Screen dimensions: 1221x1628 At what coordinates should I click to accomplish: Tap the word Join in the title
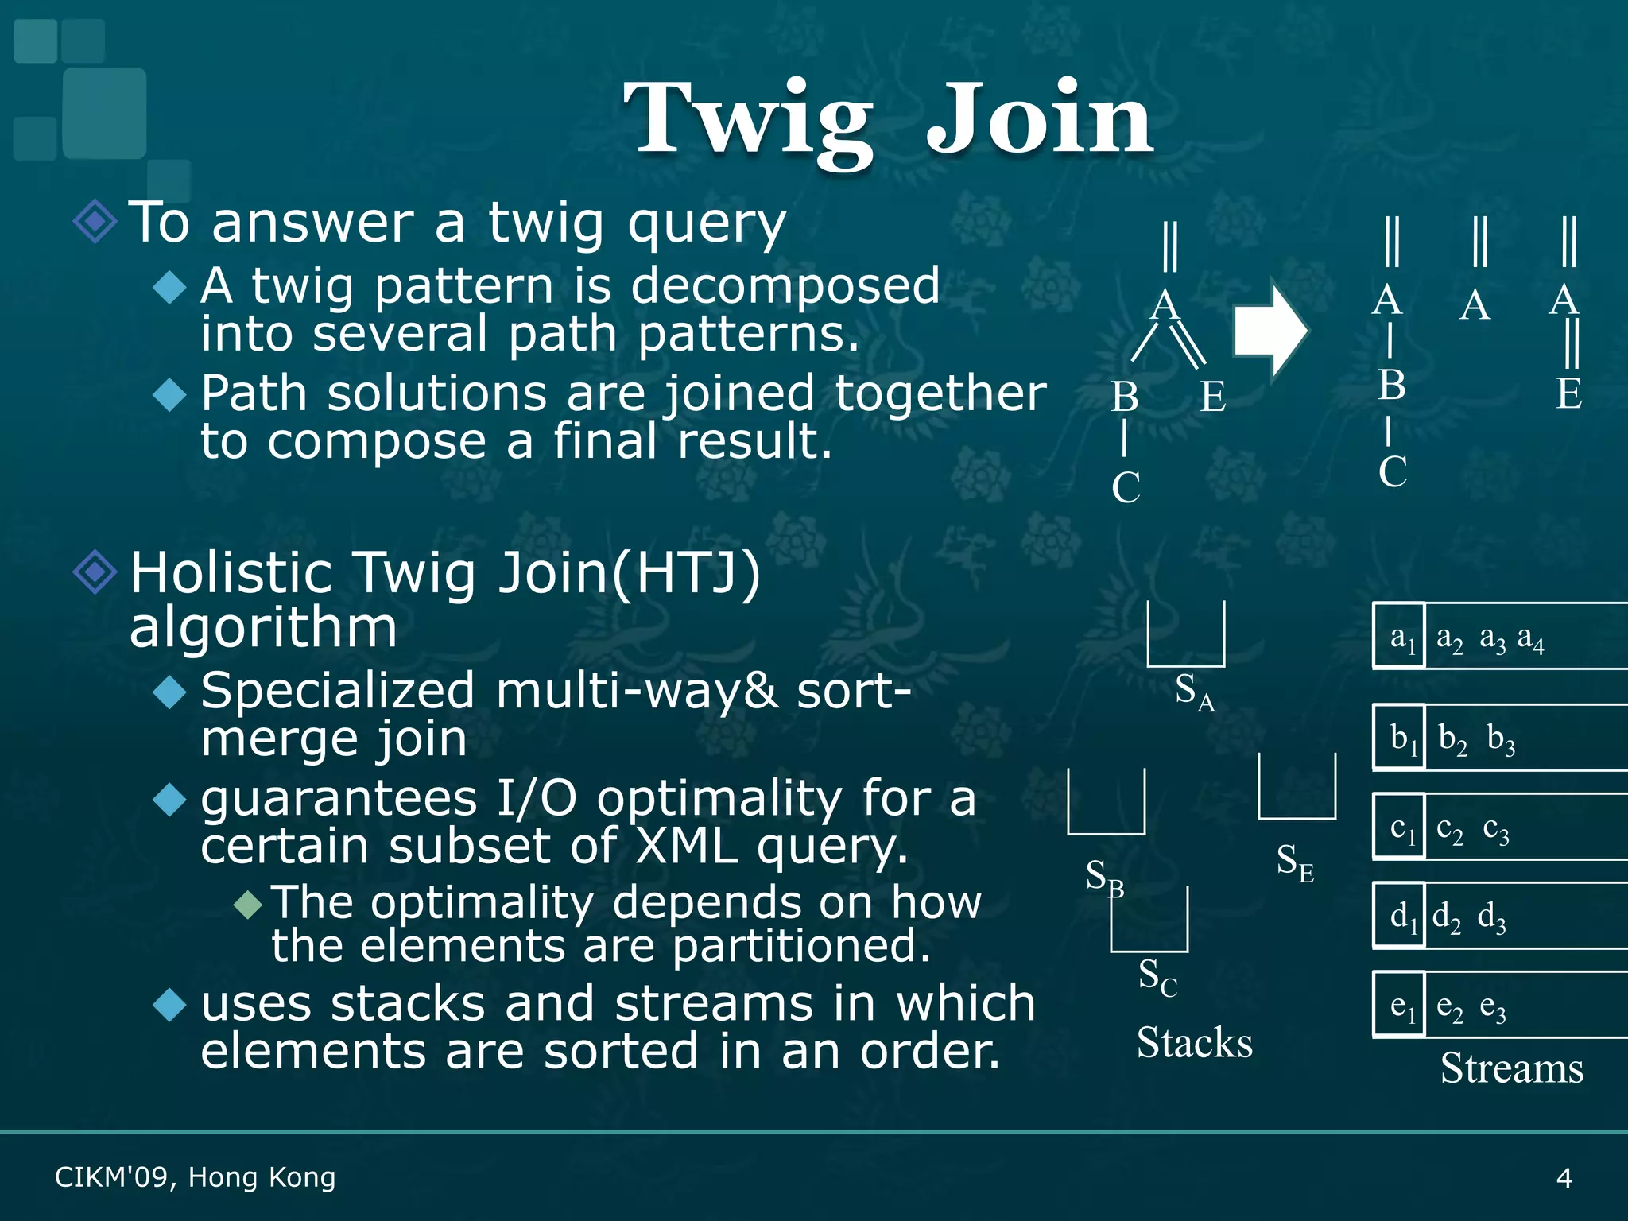pos(1039,119)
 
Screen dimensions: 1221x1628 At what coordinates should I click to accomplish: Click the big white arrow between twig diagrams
pos(1269,330)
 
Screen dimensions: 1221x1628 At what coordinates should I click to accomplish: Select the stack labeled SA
pos(1185,636)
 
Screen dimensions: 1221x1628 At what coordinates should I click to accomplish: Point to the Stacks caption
pos(1194,1043)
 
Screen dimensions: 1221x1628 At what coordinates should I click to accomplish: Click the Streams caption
pos(1511,1068)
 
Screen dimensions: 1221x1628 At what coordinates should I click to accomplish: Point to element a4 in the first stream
pos(1530,638)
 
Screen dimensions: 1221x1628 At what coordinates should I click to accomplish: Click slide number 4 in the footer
pos(1564,1177)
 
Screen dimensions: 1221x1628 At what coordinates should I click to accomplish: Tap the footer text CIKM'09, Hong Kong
pos(195,1177)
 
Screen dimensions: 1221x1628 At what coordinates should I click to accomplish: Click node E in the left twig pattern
pos(1212,396)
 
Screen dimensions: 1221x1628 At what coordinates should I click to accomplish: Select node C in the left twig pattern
pos(1126,487)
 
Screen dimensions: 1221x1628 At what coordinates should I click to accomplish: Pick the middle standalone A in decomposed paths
pos(1475,304)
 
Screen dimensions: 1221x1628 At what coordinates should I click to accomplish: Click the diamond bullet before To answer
pos(95,221)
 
